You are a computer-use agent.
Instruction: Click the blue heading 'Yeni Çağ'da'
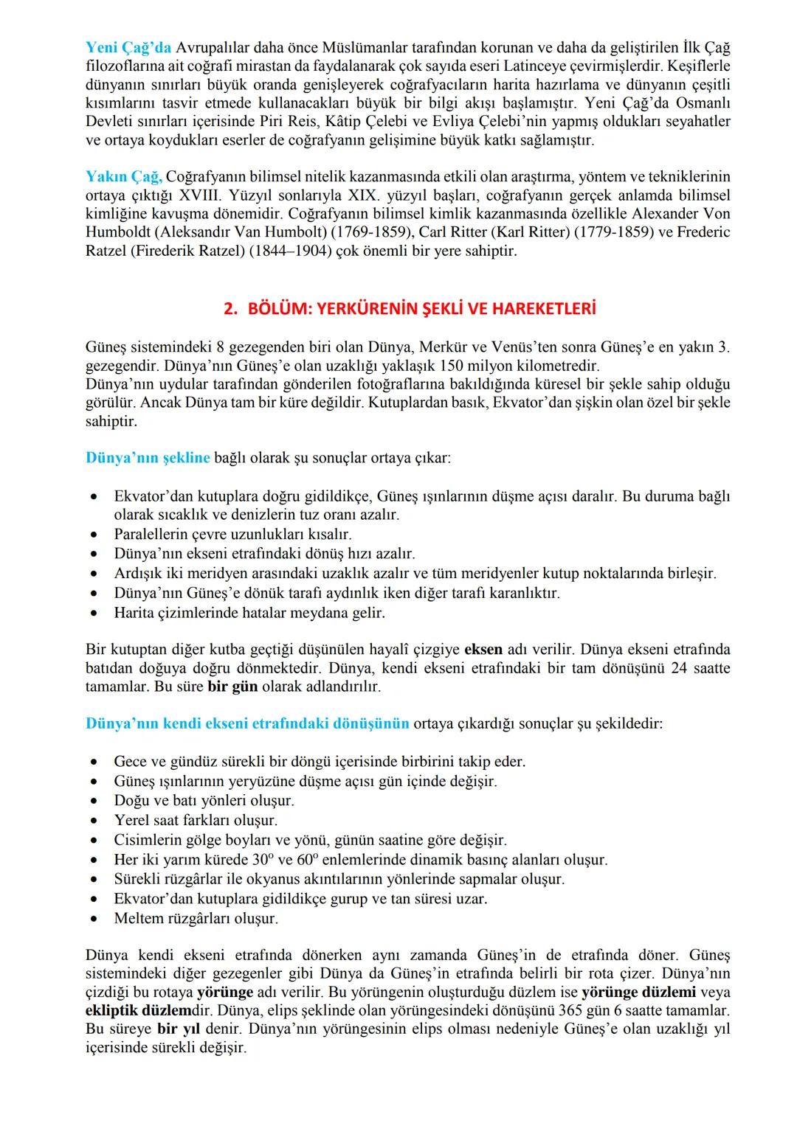(128, 48)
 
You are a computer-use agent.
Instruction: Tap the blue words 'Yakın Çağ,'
(123, 177)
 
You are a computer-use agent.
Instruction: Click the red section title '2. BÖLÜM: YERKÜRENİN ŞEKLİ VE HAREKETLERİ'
(409, 309)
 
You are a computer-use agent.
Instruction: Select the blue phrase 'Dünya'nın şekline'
(148, 458)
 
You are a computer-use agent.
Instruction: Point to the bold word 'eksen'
(483, 650)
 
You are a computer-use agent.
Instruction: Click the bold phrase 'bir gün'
(232, 687)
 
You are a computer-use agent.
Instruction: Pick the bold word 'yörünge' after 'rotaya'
(225, 992)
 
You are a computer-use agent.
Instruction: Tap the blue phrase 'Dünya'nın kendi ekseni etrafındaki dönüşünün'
(247, 723)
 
